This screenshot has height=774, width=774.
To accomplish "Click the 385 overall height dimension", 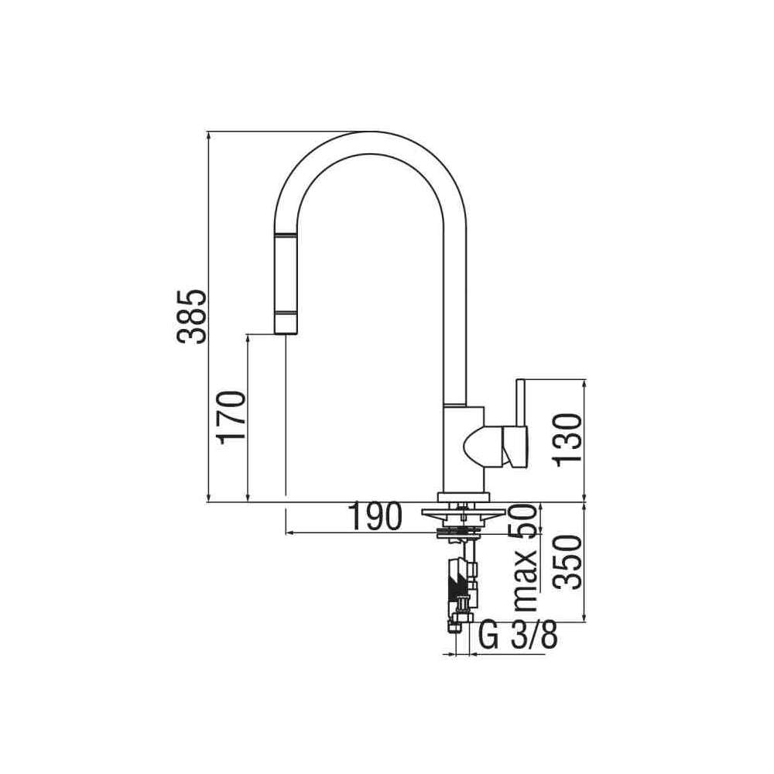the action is click(x=191, y=317).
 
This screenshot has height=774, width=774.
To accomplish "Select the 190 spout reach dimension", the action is click(x=375, y=516).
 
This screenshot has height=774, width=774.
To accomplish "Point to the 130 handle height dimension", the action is click(x=567, y=440).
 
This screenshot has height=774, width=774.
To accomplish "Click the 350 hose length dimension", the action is click(x=567, y=562).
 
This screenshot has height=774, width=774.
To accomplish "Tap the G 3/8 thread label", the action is click(x=519, y=637).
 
